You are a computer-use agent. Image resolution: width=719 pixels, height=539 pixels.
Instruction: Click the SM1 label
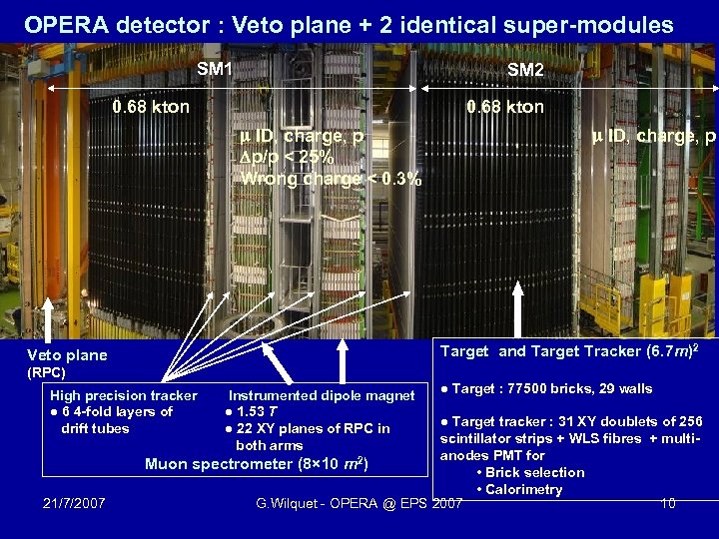(x=215, y=69)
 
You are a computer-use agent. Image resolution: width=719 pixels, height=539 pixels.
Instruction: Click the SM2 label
(x=525, y=70)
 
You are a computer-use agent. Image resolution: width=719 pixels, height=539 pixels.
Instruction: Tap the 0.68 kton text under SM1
(x=151, y=107)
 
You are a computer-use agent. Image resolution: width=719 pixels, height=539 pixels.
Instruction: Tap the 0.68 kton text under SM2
(x=505, y=107)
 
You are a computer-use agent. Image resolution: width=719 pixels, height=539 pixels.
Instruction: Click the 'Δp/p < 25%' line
(x=289, y=158)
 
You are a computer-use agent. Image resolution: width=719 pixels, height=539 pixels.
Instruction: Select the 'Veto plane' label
(x=67, y=355)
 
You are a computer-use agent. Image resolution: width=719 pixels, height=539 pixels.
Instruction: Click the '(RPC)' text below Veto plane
(x=46, y=373)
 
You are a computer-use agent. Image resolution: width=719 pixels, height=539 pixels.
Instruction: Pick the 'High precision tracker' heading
(x=124, y=396)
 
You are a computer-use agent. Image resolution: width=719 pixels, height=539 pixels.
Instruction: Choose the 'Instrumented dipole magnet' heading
(x=322, y=396)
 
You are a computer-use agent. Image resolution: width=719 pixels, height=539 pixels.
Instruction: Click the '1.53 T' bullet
(x=257, y=412)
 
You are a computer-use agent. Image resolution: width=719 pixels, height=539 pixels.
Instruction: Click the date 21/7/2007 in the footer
(x=75, y=503)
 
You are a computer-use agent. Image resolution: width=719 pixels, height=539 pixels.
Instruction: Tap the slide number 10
(x=667, y=503)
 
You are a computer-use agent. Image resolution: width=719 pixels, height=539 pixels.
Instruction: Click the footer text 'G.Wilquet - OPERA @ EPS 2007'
(x=359, y=503)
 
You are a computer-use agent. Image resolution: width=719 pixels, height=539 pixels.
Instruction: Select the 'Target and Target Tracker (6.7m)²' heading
(x=569, y=350)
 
